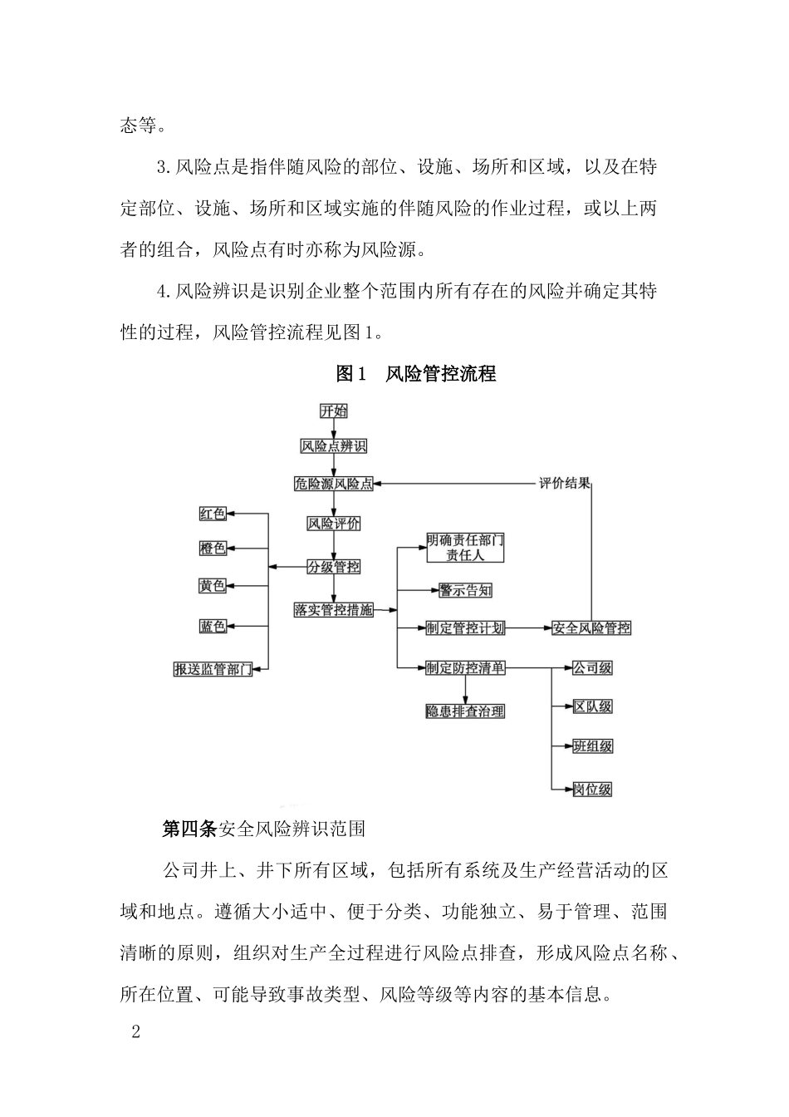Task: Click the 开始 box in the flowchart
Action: pyautogui.click(x=334, y=411)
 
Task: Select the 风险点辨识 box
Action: pyautogui.click(x=334, y=446)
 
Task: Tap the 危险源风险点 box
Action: pyautogui.click(x=334, y=484)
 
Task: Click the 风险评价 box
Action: pyautogui.click(x=334, y=524)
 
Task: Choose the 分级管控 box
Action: pyautogui.click(x=334, y=567)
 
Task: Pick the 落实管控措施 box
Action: pyautogui.click(x=334, y=609)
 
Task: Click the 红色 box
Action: pyautogui.click(x=213, y=514)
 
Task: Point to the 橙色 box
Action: pyautogui.click(x=213, y=549)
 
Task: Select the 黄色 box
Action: pyautogui.click(x=213, y=586)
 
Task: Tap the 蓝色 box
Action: pyautogui.click(x=213, y=626)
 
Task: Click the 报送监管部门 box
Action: pyautogui.click(x=213, y=668)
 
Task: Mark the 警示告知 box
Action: pyautogui.click(x=465, y=590)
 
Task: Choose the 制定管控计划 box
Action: pyautogui.click(x=465, y=628)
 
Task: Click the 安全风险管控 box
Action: pyautogui.click(x=591, y=628)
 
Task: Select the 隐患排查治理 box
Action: pyautogui.click(x=465, y=711)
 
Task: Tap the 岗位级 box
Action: pyautogui.click(x=593, y=789)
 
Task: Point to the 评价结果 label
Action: pyautogui.click(x=565, y=484)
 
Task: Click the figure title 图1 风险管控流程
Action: pyautogui.click(x=416, y=374)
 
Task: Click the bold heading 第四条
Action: pyautogui.click(x=189, y=829)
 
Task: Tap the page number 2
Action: pyautogui.click(x=137, y=1033)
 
